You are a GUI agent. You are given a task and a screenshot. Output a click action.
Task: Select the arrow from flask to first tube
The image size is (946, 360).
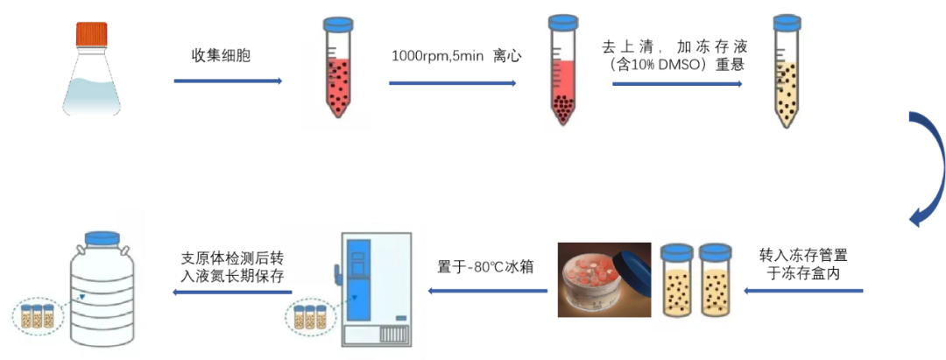(228, 81)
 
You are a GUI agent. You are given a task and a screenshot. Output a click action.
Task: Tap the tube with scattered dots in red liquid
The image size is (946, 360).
(335, 83)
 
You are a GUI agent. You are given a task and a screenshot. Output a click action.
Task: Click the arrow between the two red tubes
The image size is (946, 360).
(452, 83)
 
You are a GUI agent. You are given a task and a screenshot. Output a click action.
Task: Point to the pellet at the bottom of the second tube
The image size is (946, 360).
(562, 109)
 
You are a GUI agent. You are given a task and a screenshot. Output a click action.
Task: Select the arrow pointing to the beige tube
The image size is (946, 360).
(677, 84)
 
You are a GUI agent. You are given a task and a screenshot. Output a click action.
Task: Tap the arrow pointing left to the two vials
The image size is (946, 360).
(802, 291)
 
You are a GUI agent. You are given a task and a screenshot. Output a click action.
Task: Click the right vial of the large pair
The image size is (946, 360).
(715, 280)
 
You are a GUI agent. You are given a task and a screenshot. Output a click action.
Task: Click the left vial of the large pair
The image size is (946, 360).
(676, 280)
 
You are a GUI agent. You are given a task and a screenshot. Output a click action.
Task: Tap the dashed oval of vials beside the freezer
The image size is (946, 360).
(311, 316)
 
